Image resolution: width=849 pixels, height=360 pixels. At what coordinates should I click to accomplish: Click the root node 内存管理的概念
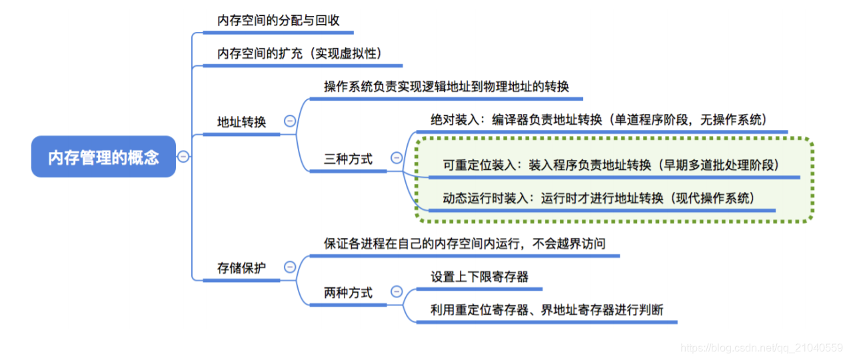pyautogui.click(x=103, y=157)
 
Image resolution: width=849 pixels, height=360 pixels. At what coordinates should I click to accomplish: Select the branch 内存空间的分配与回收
pyautogui.click(x=279, y=21)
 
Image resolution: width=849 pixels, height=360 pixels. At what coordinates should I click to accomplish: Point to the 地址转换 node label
pyautogui.click(x=241, y=123)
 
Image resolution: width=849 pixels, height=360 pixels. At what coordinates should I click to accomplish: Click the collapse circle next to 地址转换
pyautogui.click(x=290, y=121)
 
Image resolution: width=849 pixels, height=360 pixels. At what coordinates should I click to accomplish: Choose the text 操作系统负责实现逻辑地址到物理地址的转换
pyautogui.click(x=446, y=87)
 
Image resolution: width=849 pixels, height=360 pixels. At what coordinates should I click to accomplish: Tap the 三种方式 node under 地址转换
pyautogui.click(x=348, y=159)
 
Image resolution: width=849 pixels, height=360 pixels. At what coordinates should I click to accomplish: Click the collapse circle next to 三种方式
pyautogui.click(x=397, y=158)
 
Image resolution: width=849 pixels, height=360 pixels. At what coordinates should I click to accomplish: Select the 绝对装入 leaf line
pyautogui.click(x=598, y=120)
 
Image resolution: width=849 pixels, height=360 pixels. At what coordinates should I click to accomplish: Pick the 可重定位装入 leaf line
pyautogui.click(x=610, y=165)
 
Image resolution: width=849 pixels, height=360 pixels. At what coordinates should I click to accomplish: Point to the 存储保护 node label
pyautogui.click(x=241, y=268)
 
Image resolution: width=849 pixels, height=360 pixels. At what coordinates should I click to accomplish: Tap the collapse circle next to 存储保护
pyautogui.click(x=290, y=267)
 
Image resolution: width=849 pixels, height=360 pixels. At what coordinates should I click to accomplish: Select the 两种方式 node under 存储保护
pyautogui.click(x=348, y=293)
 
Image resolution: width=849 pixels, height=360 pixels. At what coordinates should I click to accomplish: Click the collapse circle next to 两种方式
pyautogui.click(x=397, y=292)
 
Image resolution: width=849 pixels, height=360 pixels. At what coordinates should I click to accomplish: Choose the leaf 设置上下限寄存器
pyautogui.click(x=479, y=277)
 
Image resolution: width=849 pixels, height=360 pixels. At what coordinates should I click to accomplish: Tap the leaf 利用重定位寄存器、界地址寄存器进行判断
pyautogui.click(x=546, y=310)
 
